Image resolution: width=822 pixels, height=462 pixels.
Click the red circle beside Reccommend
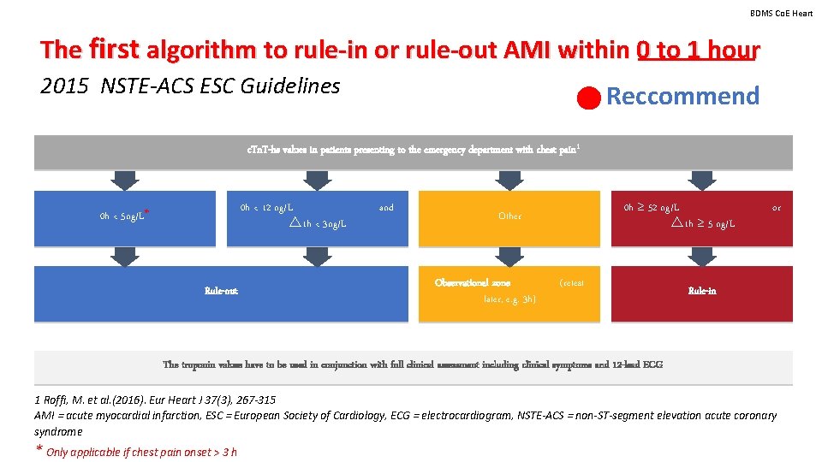pyautogui.click(x=588, y=98)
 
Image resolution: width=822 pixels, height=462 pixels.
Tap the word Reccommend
pyautogui.click(x=682, y=96)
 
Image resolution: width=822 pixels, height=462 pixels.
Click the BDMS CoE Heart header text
pyautogui.click(x=781, y=13)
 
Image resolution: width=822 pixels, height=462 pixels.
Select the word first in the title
pyautogui.click(x=112, y=49)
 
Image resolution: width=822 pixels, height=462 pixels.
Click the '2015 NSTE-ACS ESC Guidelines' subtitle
pyautogui.click(x=190, y=86)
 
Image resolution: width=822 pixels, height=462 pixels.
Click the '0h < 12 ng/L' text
pyautogui.click(x=267, y=207)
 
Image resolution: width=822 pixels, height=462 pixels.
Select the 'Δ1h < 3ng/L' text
pyautogui.click(x=319, y=224)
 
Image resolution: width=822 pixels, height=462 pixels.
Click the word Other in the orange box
pyautogui.click(x=509, y=216)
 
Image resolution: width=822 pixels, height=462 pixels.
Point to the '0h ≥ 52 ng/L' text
pyautogui.click(x=652, y=207)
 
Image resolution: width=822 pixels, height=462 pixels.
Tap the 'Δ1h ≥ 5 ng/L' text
pyautogui.click(x=704, y=224)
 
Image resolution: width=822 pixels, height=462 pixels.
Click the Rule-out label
pyautogui.click(x=221, y=291)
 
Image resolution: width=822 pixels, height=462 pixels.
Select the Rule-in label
pyautogui.click(x=702, y=291)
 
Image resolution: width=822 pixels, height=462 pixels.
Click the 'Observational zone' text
pyautogui.click(x=473, y=282)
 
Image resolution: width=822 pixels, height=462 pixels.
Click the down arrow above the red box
pyautogui.click(x=702, y=180)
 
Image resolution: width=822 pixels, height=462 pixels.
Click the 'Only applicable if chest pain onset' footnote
pyautogui.click(x=141, y=452)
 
